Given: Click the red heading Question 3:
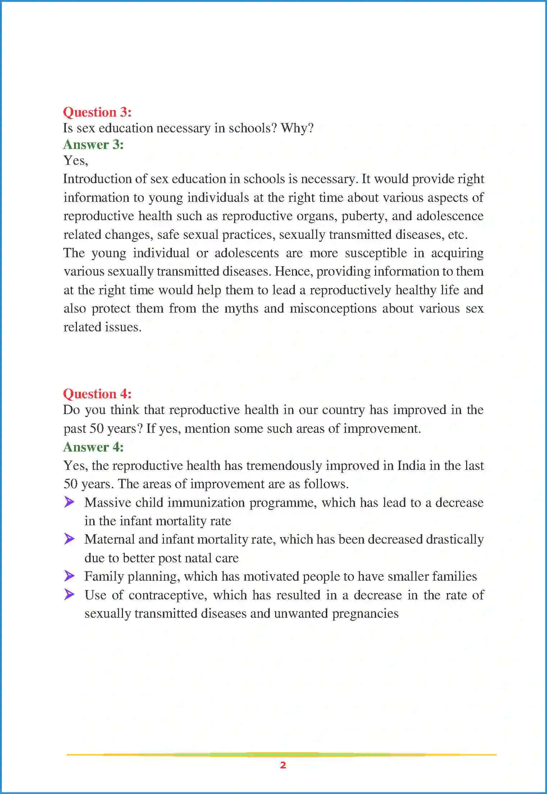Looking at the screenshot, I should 97,112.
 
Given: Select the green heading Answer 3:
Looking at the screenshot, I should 93,145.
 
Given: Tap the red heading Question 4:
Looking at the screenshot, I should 97,394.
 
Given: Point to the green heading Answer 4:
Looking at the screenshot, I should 93,447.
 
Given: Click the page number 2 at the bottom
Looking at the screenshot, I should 283,765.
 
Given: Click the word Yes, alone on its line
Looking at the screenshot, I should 76,160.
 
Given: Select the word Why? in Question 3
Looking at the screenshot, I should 297,128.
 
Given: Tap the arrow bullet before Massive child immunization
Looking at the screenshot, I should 69,502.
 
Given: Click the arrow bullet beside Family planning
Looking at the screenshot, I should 69,576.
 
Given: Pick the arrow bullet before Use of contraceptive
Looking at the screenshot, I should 69,594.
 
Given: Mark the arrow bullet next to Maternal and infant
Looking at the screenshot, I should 69,539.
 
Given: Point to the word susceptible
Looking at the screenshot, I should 376,253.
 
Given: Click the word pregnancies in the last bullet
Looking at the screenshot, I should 365,614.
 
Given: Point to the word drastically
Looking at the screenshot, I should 455,540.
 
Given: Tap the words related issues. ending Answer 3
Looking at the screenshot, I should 102,327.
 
